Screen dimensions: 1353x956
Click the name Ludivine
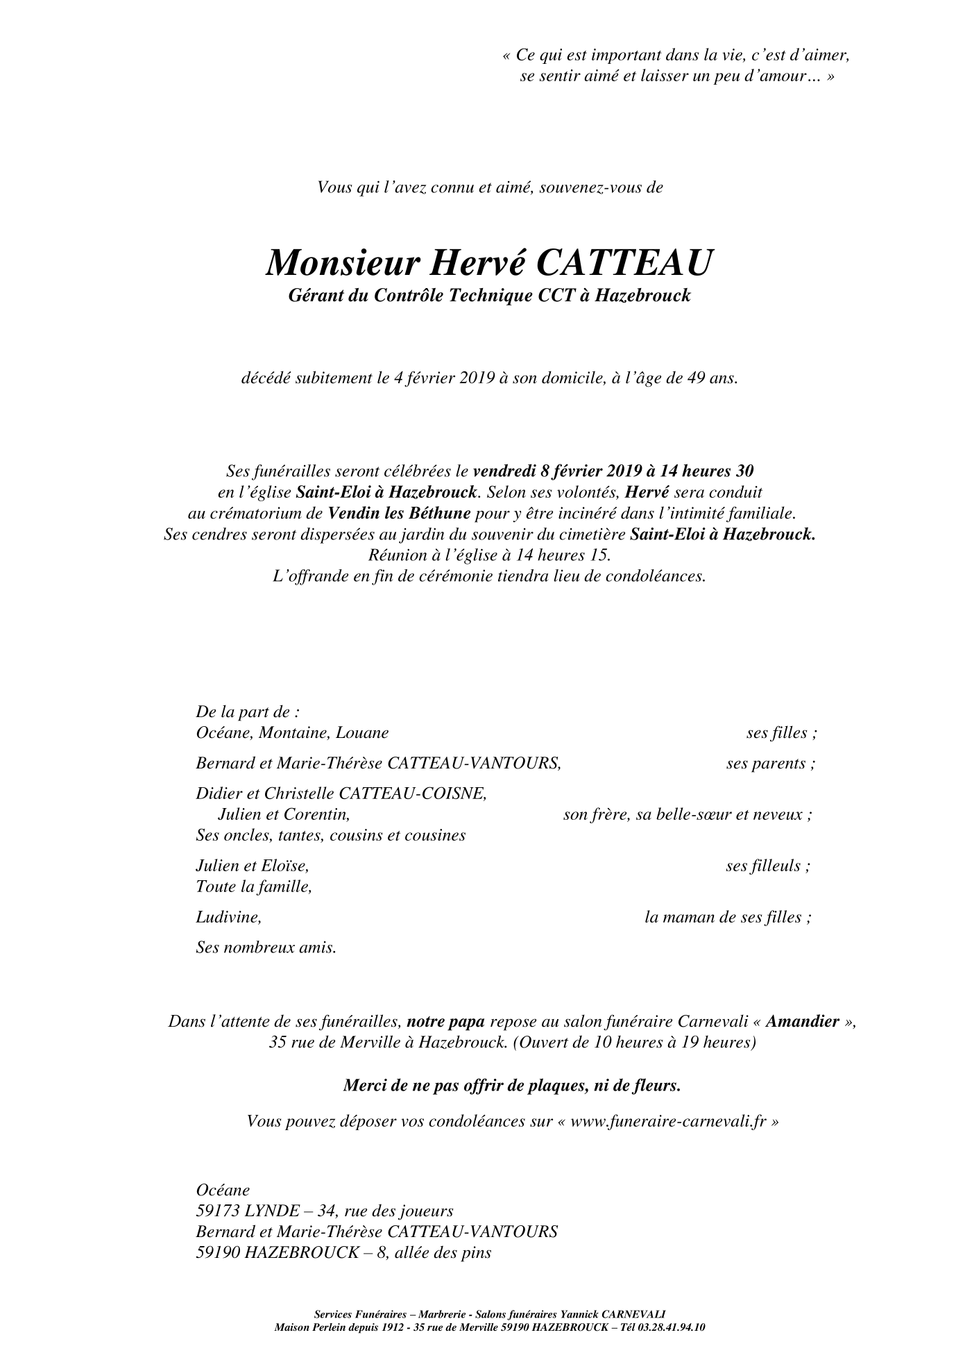click(x=228, y=917)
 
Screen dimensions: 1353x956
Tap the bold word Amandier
click(x=803, y=1022)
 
